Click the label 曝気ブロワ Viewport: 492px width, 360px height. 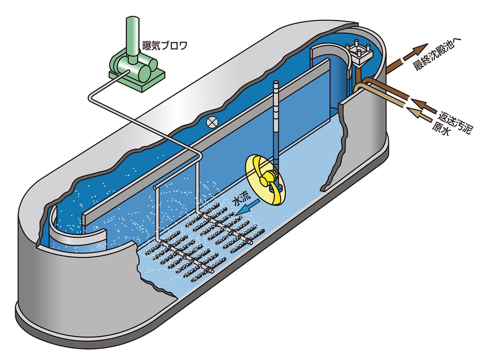pos(165,45)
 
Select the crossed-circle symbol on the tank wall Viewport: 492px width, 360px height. pos(212,122)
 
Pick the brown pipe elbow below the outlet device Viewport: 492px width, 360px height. pos(364,80)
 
